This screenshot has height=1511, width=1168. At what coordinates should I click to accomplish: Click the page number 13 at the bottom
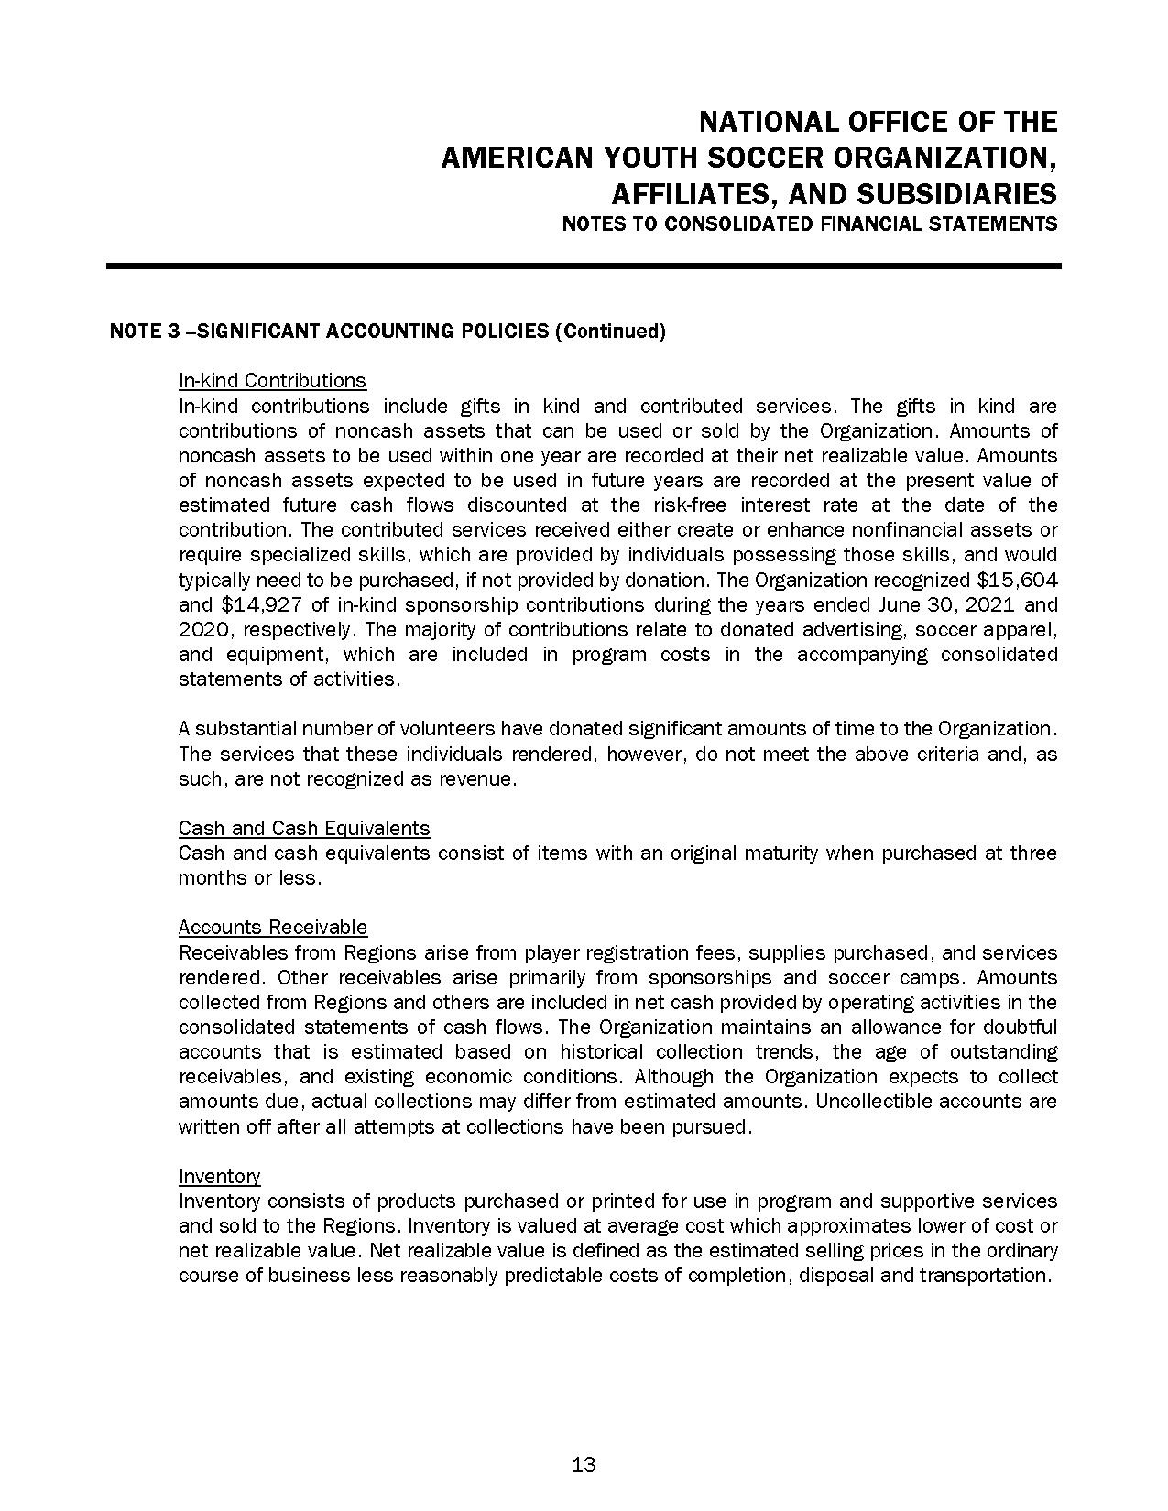[584, 1464]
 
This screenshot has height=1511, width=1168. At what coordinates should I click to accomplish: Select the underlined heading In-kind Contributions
[272, 381]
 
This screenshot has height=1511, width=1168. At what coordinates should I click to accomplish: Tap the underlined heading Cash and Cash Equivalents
[304, 829]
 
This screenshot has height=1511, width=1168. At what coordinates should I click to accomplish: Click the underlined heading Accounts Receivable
[273, 928]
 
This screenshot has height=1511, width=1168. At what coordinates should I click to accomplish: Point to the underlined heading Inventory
[219, 1176]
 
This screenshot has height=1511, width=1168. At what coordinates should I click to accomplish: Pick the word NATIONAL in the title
[772, 122]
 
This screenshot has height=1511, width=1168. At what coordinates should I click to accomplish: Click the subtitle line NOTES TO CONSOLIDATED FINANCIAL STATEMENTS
[810, 224]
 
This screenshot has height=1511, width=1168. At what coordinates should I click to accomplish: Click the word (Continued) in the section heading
[610, 332]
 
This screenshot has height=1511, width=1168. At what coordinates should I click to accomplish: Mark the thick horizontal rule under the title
[584, 266]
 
